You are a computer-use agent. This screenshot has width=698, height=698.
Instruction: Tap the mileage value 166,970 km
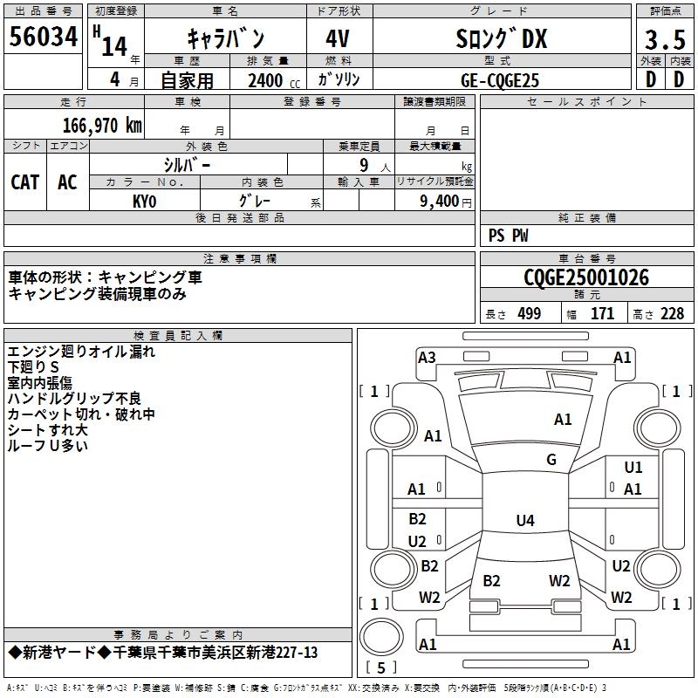tap(102, 125)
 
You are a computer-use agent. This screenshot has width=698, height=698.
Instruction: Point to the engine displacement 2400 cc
tap(265, 80)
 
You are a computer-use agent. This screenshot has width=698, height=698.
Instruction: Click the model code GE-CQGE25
tap(500, 80)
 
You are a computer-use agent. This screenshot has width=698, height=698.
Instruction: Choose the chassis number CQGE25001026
tap(586, 277)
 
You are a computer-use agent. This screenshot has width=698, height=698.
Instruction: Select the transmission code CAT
tap(25, 182)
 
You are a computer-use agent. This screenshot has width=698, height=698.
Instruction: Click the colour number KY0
tap(144, 201)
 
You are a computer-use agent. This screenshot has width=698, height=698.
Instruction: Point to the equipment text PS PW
tap(509, 236)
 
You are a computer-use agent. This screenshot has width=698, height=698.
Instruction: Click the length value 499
tap(530, 314)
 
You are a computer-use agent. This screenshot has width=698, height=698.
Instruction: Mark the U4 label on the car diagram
tap(524, 521)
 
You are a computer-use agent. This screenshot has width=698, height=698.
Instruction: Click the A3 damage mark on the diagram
tap(427, 357)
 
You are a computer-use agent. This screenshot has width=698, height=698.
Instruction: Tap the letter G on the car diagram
tap(551, 460)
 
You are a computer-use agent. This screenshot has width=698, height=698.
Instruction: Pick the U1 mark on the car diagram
tap(633, 469)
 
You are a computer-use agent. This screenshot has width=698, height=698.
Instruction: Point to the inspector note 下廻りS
tap(34, 367)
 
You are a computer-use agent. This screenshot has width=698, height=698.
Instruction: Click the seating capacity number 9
tap(361, 164)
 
